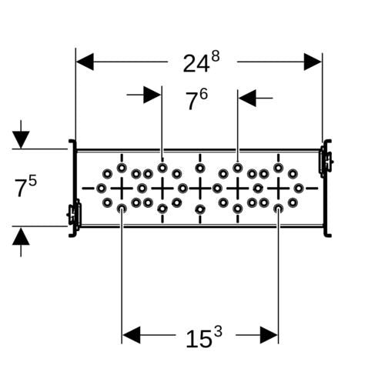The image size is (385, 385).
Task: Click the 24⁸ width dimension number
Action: click(201, 62)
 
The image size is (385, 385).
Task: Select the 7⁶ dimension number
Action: click(197, 99)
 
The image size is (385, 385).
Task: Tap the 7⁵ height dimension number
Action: click(25, 186)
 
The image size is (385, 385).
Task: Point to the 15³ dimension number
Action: click(204, 336)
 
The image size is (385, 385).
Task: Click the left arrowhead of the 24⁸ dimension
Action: click(85, 62)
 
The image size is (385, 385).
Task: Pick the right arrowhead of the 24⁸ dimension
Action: click(313, 62)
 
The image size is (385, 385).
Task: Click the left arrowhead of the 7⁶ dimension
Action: click(152, 95)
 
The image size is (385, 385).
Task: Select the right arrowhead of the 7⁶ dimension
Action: click(247, 98)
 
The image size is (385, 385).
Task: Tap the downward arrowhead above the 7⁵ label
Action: click(21, 139)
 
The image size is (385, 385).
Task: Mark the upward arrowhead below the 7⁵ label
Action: click(21, 236)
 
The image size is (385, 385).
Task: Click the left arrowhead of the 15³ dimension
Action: click(132, 335)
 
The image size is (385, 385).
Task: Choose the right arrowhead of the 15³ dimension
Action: click(269, 335)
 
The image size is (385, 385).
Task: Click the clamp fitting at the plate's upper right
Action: click(326, 160)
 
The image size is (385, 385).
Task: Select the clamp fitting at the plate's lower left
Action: click(74, 214)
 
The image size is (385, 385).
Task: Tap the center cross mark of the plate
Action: click(200, 189)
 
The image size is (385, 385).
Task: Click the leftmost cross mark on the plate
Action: click(122, 189)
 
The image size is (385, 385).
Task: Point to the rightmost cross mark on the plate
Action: click(279, 189)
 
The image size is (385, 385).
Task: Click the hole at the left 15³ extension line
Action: click(122, 209)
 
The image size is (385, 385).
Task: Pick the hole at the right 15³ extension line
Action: click(279, 209)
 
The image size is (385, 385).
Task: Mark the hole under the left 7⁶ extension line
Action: click(162, 168)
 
